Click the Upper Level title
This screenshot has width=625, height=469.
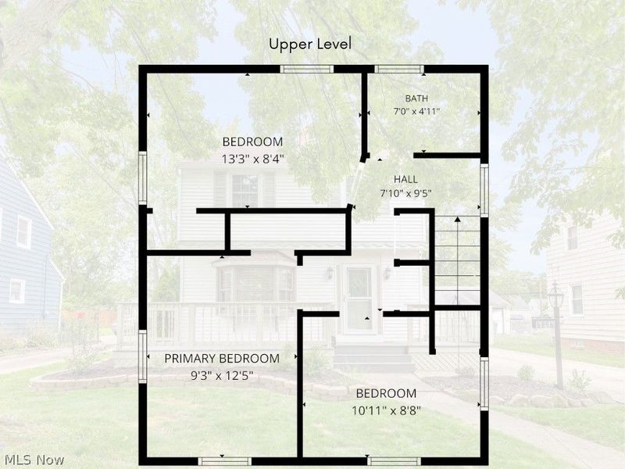310,44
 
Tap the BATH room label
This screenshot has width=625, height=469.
416,98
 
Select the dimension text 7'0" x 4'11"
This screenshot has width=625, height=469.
416,111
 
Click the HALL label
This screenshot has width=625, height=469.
405,179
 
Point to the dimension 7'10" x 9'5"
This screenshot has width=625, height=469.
405,194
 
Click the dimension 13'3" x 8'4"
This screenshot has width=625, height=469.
252,159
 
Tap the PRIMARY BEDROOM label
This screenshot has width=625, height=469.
222,359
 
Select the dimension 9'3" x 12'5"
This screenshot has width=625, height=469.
222,376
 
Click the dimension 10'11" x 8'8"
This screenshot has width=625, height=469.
386,410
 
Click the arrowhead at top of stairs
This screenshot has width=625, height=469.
458,219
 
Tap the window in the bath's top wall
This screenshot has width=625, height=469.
399,70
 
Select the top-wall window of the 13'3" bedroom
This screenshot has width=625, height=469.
306,70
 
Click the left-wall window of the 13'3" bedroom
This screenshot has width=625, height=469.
143,178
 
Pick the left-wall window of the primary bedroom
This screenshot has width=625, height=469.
143,356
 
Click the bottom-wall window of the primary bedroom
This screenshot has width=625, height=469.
225,461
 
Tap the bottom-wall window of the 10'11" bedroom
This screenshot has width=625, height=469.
394,461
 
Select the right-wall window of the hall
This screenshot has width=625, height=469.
484,191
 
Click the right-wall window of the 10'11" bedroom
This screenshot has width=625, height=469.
484,384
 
